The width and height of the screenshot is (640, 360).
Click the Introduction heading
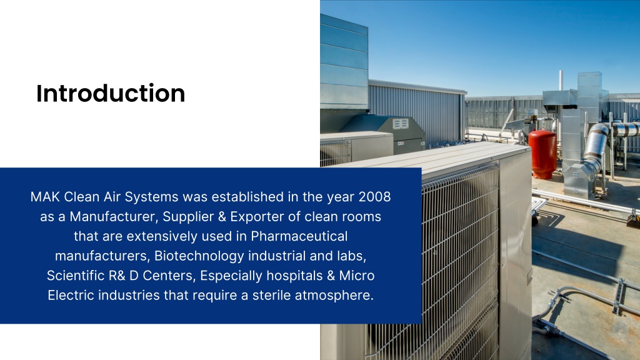coord(111,93)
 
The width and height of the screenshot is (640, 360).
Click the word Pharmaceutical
coord(299,236)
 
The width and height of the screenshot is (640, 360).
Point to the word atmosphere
coord(337,294)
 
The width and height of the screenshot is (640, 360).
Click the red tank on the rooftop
coord(542,153)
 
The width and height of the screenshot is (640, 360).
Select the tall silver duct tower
coord(589,100)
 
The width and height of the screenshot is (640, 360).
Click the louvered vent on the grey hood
coord(401,124)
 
